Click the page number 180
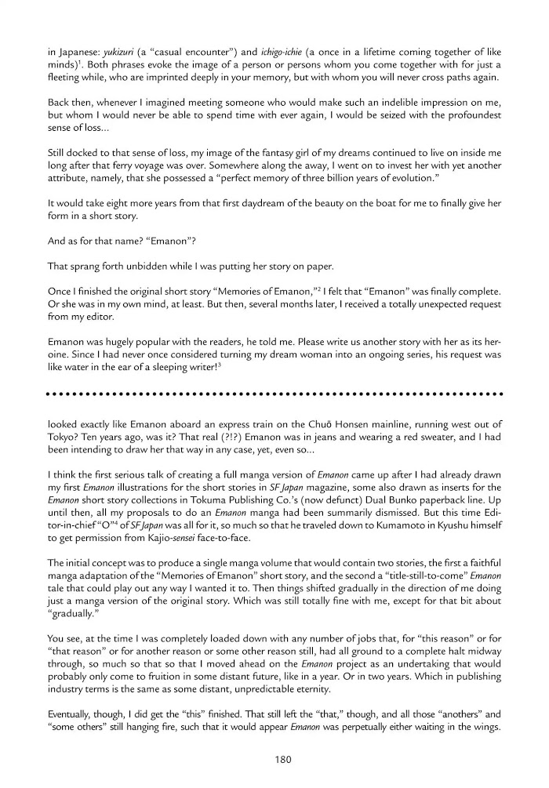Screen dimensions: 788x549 274,759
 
